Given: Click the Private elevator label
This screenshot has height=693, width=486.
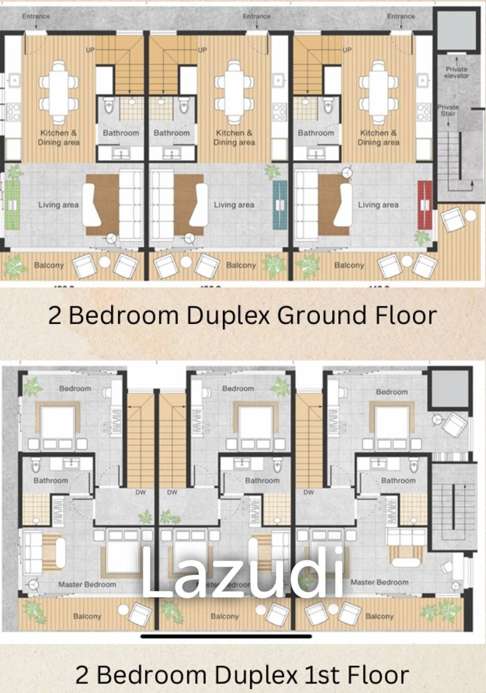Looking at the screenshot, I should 457,72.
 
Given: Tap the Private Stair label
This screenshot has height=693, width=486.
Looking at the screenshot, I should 448,110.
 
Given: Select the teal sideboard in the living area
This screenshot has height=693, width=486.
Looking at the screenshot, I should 280,205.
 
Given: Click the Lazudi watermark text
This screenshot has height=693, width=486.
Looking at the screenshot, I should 243,573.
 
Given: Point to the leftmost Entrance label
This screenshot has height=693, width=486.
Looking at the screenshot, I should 36,16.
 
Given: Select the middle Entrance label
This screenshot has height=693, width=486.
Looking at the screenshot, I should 257,16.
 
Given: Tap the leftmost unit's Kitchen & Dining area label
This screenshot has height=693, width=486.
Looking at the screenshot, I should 59,137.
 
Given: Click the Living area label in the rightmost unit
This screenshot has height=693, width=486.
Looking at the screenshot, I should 378,205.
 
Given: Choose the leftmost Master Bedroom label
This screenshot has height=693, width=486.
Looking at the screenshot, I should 87,584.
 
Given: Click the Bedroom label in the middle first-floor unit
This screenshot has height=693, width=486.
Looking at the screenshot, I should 238,389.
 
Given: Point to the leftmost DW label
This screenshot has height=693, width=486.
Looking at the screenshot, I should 140,493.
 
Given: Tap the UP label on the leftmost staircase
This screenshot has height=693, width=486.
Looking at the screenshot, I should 90,50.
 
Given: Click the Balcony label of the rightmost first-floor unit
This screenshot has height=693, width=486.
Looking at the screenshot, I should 379,616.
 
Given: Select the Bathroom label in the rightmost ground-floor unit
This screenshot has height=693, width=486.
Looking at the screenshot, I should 316,133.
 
